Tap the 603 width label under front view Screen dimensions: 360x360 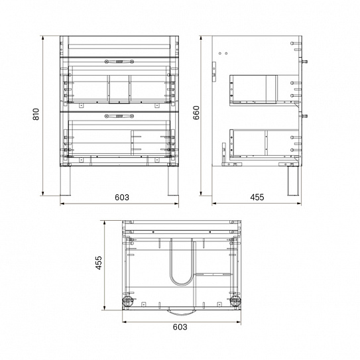(121, 198)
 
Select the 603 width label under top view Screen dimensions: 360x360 (180, 328)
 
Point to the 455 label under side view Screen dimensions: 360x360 (257, 198)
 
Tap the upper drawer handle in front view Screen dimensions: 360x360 (120, 62)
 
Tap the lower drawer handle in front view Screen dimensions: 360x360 (120, 115)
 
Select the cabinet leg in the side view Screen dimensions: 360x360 (290, 181)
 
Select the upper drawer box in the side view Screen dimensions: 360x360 (253, 89)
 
